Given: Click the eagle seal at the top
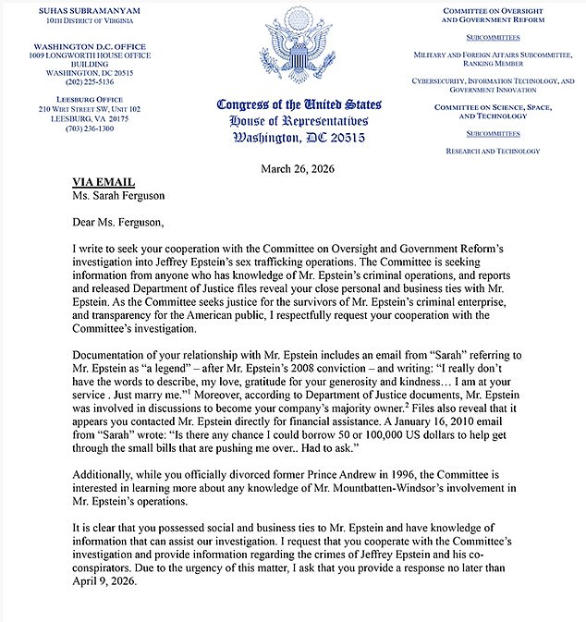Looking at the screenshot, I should tap(293, 51).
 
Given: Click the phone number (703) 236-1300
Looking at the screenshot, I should tap(75, 128).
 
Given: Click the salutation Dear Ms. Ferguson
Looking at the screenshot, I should tap(117, 222).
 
